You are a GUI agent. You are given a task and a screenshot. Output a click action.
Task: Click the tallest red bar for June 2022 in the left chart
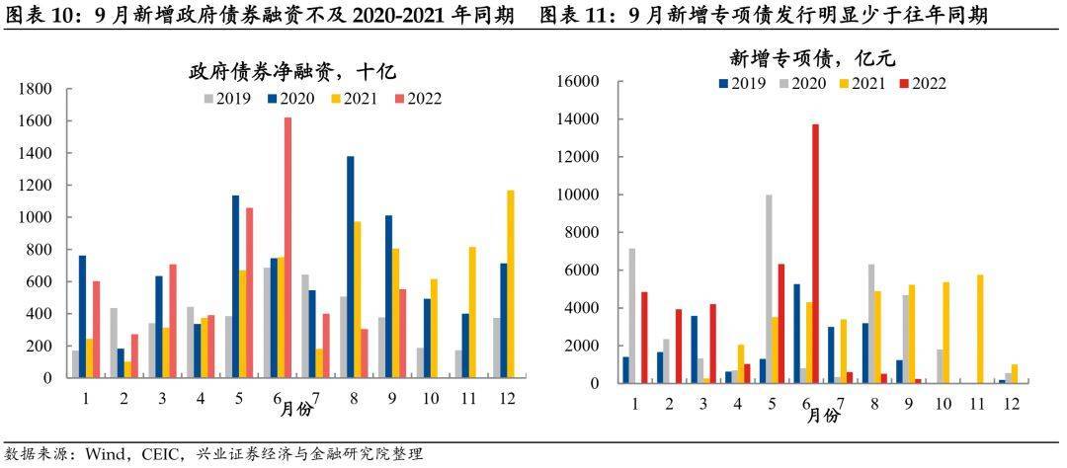[288, 247]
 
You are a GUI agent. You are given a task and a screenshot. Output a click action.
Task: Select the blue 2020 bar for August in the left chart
[350, 267]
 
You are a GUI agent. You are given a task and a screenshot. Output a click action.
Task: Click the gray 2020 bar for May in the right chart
[770, 288]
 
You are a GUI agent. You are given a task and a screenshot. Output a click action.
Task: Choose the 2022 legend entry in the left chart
[417, 98]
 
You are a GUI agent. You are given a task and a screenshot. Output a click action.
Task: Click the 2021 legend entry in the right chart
[862, 83]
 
